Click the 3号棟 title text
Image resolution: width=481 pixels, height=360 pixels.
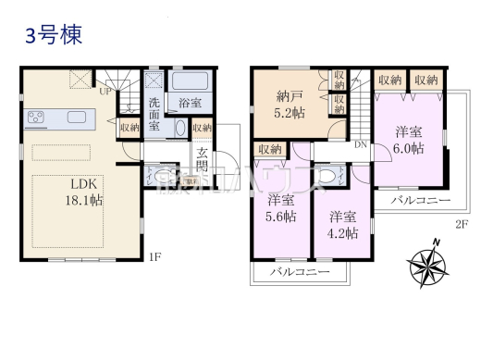coord(53,36)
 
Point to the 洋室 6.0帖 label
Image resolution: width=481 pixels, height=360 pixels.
coord(408,140)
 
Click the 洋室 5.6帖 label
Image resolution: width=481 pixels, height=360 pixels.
coord(282,208)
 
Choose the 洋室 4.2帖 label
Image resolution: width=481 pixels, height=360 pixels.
coord(342,226)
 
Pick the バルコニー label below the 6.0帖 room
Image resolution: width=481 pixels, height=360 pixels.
coord(419,200)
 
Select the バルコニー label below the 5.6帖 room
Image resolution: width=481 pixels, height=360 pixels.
coord(300,273)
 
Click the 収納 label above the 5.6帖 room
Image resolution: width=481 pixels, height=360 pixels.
coord(270,149)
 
